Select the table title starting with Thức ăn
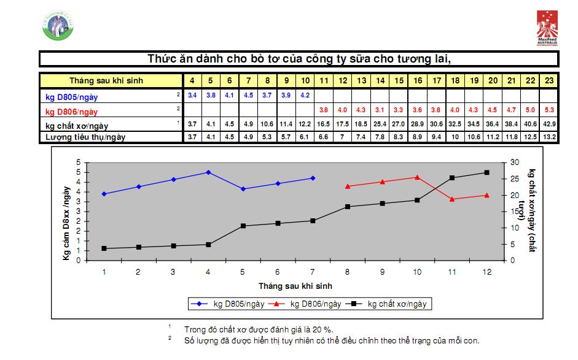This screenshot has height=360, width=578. click(x=299, y=59)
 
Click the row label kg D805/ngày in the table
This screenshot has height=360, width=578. click(x=71, y=96)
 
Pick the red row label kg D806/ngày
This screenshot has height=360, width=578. click(x=71, y=112)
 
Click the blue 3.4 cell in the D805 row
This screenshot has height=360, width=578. click(x=192, y=95)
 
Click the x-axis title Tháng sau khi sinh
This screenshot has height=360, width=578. click(x=296, y=286)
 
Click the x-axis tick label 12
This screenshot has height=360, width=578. click(x=486, y=272)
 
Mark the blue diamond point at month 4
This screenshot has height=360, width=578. click(x=208, y=172)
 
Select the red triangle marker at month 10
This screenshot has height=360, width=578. click(x=417, y=177)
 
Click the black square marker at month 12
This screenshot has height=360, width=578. click(x=486, y=172)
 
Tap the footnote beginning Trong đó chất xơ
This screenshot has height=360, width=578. click(x=259, y=329)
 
